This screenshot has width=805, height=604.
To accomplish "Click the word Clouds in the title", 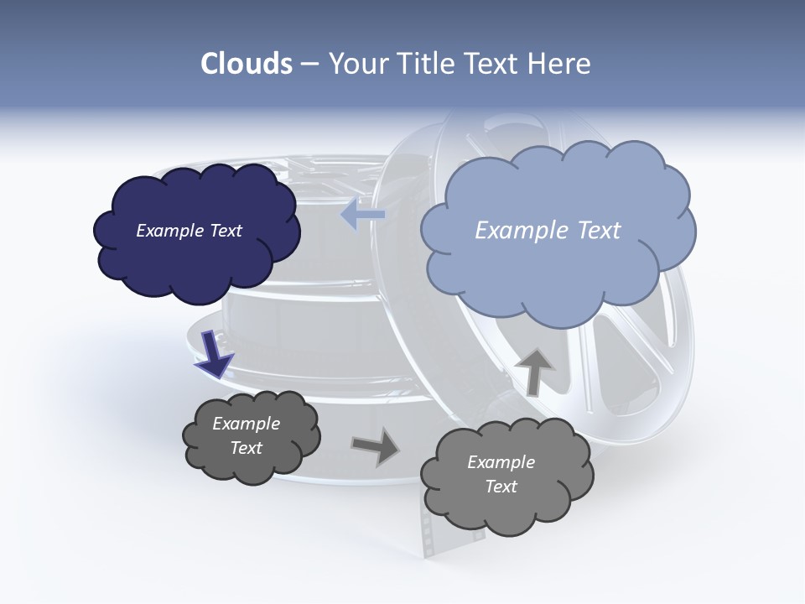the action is pos(247,64).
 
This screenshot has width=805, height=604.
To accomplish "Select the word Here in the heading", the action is pos(562,64).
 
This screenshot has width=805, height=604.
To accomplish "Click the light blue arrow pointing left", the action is pos(362,216).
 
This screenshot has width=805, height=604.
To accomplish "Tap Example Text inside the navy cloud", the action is pos(189,231).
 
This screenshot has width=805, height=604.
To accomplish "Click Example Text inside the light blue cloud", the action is pos(548,231).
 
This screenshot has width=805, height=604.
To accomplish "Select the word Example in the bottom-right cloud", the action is pos(501,462).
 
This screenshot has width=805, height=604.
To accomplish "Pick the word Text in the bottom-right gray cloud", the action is pos(501,487).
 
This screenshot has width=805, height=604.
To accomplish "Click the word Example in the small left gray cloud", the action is pos(246,424).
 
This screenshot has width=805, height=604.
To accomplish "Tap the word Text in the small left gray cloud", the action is pos(246,448).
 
